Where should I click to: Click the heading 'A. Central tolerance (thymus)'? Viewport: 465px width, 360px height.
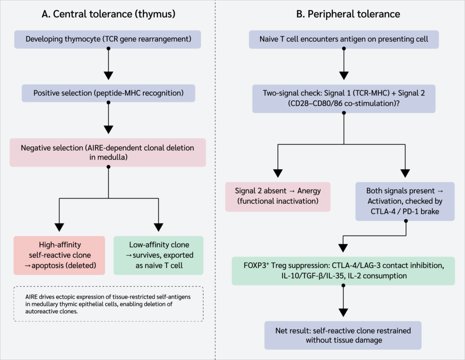(x=108, y=14)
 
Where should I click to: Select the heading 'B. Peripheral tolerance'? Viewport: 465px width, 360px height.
(x=348, y=14)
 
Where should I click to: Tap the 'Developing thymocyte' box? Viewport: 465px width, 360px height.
(x=108, y=39)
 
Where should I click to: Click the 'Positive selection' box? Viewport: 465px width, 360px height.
(x=108, y=93)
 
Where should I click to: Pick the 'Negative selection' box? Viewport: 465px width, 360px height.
(x=108, y=152)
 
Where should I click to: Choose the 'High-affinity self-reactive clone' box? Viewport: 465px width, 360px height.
(x=59, y=255)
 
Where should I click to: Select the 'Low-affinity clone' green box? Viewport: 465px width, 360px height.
(x=158, y=255)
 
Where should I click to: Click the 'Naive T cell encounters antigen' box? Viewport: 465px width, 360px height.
(x=344, y=39)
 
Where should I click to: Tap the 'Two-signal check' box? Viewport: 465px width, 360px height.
(x=344, y=99)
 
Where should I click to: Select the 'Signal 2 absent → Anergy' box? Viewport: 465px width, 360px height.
(x=277, y=196)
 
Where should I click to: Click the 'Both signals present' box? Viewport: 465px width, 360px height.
(x=405, y=201)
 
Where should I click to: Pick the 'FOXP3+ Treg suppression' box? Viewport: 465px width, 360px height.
(x=343, y=271)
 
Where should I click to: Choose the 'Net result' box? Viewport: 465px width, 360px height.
(x=343, y=335)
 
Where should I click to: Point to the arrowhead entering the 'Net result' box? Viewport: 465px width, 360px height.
(x=343, y=313)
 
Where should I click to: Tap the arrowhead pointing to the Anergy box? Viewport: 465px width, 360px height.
(x=278, y=173)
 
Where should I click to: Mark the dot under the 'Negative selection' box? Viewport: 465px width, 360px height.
(x=109, y=167)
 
